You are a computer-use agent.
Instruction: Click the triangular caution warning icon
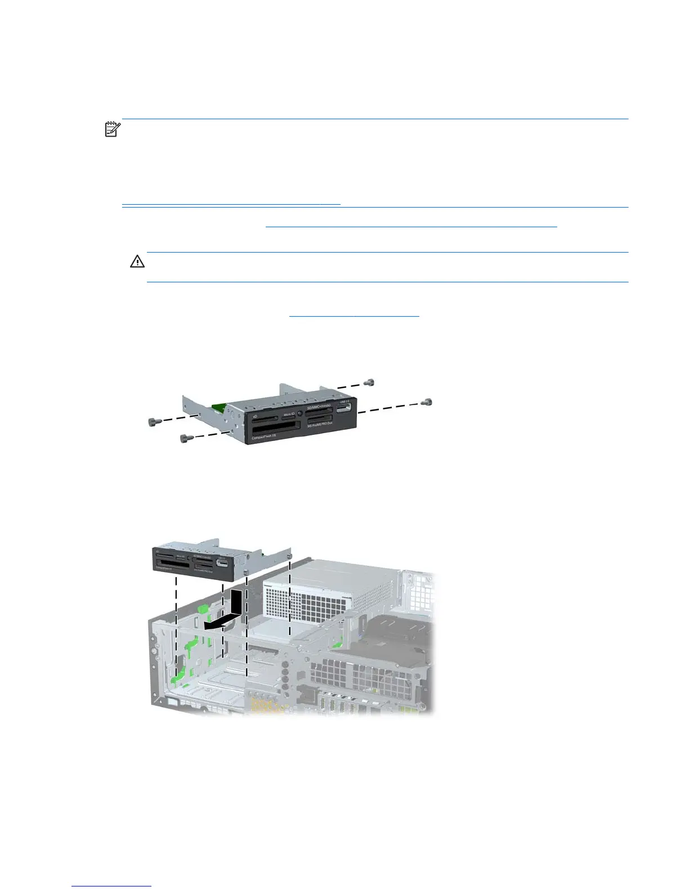coord(137,262)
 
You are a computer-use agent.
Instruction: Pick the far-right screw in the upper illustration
coord(428,402)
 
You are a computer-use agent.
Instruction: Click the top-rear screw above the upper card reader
coord(369,382)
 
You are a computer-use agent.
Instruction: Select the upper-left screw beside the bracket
coord(151,421)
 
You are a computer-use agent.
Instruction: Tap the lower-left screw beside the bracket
coord(183,438)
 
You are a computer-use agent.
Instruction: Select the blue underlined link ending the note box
coord(231,202)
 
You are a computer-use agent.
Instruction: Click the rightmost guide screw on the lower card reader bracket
coord(289,556)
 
